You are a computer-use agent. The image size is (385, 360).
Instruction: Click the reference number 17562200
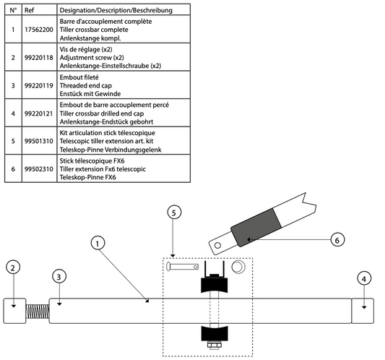39,30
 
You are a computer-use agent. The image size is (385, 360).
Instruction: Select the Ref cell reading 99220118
39,58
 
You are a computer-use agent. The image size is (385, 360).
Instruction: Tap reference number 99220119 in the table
39,85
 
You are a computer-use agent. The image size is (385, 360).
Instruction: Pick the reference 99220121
39,113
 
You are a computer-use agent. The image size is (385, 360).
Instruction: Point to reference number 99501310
39,141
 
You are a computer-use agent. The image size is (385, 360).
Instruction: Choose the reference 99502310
39,169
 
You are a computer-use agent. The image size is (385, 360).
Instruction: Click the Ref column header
29,10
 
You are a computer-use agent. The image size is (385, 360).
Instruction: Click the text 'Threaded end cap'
86,85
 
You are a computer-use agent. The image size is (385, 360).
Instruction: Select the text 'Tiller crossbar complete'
94,30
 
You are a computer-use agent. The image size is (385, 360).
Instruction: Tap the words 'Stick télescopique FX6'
92,161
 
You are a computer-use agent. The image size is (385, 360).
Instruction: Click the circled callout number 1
98,244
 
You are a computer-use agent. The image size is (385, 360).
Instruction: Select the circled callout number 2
13,267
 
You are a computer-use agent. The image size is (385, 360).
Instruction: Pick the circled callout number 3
59,277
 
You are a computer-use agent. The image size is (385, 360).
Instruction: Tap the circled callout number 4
364,278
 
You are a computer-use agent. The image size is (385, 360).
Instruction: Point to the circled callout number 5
174,213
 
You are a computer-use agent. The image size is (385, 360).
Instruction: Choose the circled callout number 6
337,240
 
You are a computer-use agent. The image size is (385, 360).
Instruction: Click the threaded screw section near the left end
38,312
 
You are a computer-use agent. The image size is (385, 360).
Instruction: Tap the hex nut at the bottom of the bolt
215,345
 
